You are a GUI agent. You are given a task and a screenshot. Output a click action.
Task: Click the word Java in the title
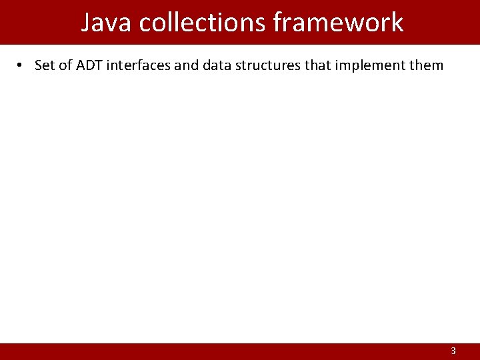click(106, 22)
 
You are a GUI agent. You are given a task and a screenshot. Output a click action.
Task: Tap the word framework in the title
click(339, 22)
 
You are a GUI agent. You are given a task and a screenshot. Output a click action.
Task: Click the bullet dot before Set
click(21, 65)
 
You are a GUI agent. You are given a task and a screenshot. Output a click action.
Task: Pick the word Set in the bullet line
click(45, 65)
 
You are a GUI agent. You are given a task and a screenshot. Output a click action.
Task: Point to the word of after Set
click(65, 65)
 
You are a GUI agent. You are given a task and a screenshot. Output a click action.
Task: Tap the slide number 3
click(453, 351)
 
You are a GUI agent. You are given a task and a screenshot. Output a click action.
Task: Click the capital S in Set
click(38, 65)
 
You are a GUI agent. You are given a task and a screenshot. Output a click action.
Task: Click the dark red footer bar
click(240, 351)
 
